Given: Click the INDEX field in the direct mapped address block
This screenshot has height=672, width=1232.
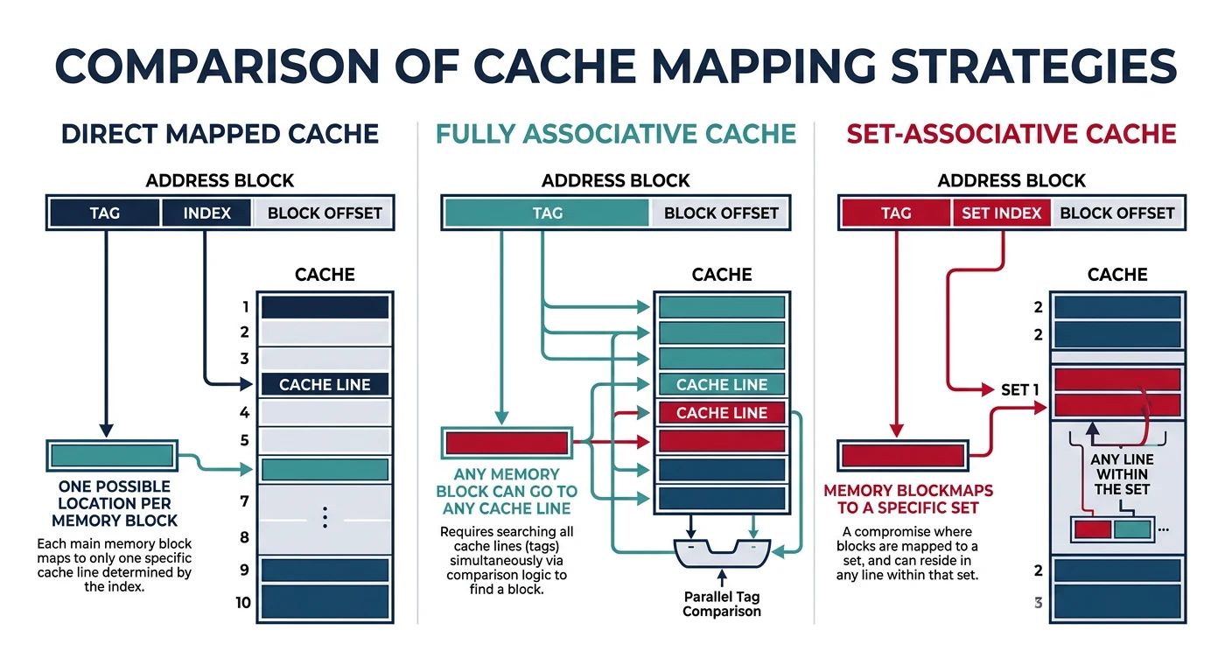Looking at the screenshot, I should click(206, 213).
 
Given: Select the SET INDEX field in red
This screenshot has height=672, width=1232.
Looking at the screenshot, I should click(1001, 213).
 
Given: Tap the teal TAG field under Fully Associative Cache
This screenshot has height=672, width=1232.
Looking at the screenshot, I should click(547, 213).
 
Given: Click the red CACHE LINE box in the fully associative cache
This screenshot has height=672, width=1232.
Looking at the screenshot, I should click(721, 413).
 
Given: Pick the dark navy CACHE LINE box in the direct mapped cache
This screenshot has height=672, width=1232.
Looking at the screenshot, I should click(325, 385).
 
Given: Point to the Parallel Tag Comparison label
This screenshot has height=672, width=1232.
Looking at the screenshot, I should click(721, 604).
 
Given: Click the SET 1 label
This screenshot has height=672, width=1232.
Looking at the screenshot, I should click(1019, 389).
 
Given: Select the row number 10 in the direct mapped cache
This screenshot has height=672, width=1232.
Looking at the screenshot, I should click(242, 602).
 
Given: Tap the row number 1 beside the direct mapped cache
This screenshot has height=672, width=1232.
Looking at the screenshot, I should click(246, 307).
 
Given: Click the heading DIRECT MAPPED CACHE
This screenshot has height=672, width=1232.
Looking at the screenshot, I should click(220, 134).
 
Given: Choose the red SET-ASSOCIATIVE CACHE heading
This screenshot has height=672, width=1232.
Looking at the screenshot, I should click(1011, 134).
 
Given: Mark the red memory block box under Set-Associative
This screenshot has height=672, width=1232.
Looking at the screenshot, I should click(902, 455).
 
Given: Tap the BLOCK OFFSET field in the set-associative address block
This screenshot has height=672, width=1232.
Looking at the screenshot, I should click(1116, 213).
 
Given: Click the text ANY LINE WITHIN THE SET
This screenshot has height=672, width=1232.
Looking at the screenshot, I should click(1122, 474).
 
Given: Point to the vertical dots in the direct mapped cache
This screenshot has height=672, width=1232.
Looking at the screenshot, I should click(325, 518).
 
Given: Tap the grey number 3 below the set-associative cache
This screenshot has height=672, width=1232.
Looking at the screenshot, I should click(1038, 603).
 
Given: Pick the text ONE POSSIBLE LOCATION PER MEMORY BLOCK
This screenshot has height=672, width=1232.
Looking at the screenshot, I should click(114, 503).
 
